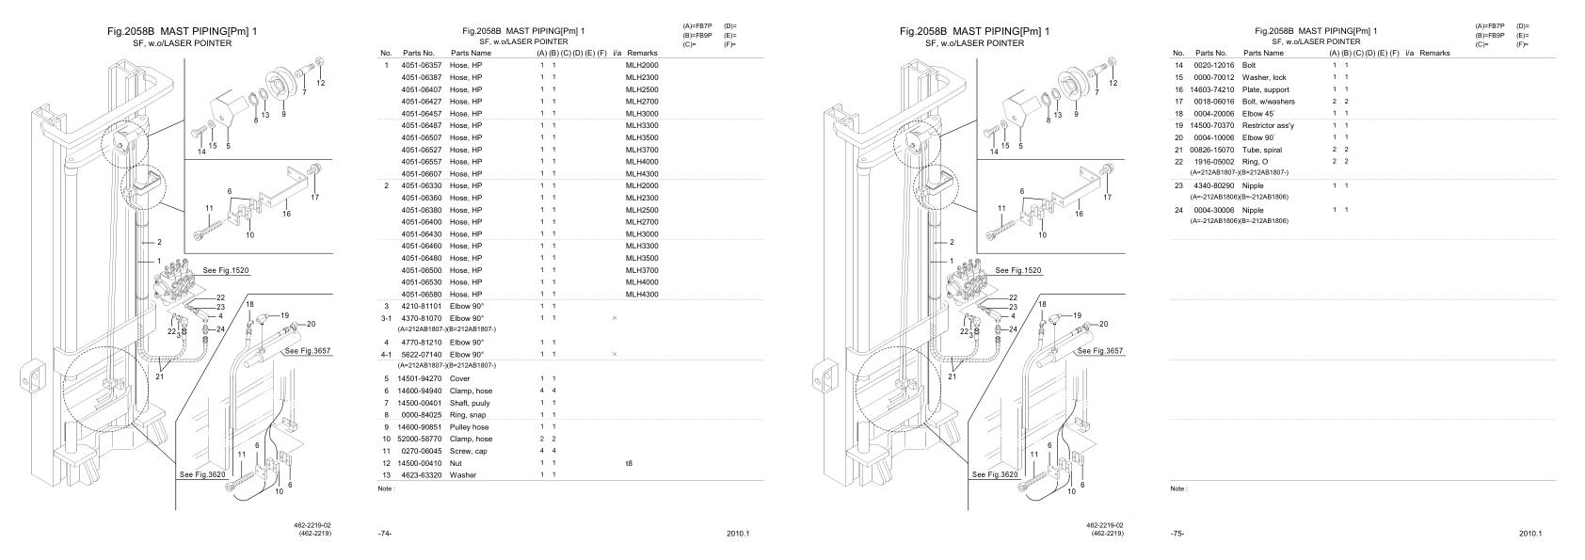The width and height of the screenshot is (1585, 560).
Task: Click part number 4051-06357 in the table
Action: [x=421, y=65]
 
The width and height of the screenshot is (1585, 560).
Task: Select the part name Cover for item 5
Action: [x=459, y=378]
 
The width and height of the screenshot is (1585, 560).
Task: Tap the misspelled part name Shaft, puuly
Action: [x=470, y=403]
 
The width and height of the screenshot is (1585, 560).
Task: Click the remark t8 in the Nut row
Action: [x=629, y=463]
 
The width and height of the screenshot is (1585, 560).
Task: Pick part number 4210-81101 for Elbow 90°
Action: [x=421, y=306]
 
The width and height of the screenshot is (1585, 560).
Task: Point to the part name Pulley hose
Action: [x=470, y=427]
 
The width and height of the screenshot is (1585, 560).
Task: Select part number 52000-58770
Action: [x=421, y=439]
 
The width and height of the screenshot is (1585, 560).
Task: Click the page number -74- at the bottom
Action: [x=384, y=534]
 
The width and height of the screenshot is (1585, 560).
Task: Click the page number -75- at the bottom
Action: [x=1177, y=534]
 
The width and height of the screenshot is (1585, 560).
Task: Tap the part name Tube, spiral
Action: [x=1262, y=150]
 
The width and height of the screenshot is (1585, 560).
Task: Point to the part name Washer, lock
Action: [x=1264, y=77]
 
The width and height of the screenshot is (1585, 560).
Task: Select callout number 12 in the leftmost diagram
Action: [x=321, y=84]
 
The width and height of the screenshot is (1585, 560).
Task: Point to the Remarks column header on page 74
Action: [x=641, y=54]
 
